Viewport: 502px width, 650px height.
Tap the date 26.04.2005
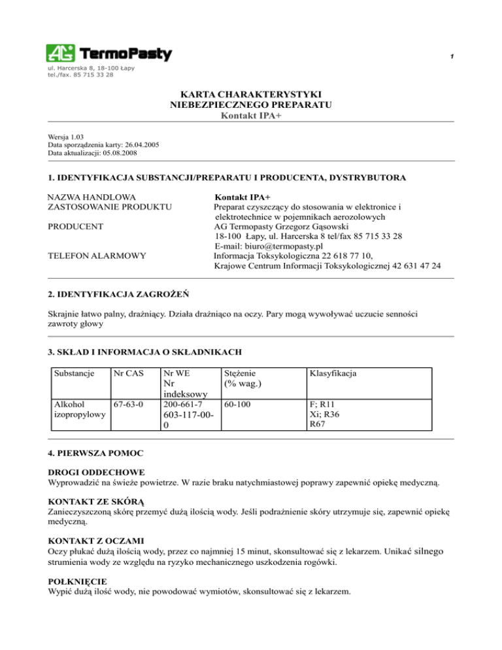point(139,145)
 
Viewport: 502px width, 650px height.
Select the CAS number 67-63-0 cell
point(127,405)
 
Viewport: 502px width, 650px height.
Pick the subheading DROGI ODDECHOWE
point(97,471)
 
